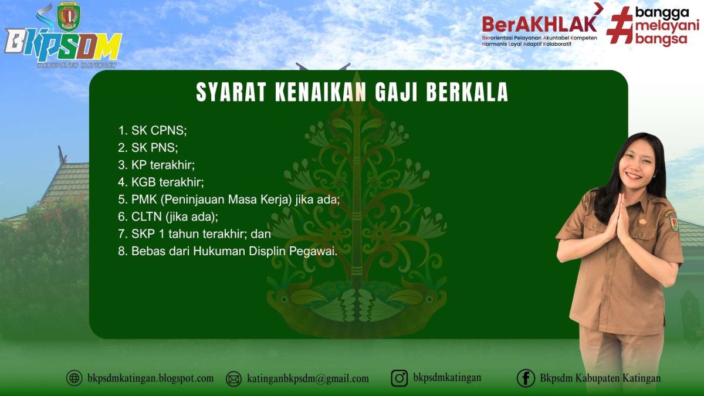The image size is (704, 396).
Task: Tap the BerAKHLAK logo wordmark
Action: [x=539, y=23]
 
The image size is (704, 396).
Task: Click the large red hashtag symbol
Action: [x=618, y=25]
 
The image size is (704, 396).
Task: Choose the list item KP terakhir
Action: [x=165, y=164]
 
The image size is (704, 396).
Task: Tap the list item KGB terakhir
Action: [x=168, y=181]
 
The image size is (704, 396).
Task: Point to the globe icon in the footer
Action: [x=75, y=378]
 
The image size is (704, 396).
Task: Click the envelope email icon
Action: [x=233, y=379]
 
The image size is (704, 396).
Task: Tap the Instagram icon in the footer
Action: [x=400, y=378]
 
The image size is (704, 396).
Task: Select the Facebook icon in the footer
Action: [x=526, y=378]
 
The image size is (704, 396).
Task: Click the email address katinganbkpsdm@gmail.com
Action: [x=308, y=379]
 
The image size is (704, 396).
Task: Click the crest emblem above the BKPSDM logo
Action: [x=69, y=17]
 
